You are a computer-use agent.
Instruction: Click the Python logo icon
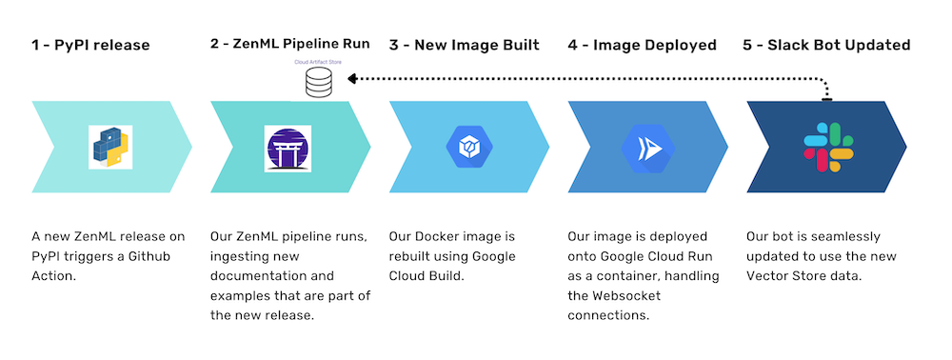(x=109, y=147)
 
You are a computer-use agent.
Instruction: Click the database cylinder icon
(x=319, y=83)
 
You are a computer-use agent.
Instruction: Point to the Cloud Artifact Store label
(x=320, y=64)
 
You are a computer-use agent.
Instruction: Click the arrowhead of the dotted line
(x=353, y=80)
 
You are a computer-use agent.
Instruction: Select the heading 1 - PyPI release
(x=90, y=45)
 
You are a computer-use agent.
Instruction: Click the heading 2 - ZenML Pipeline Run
(x=289, y=44)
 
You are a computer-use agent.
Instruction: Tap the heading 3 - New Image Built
(x=464, y=45)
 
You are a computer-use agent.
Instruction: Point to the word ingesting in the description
(x=239, y=256)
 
